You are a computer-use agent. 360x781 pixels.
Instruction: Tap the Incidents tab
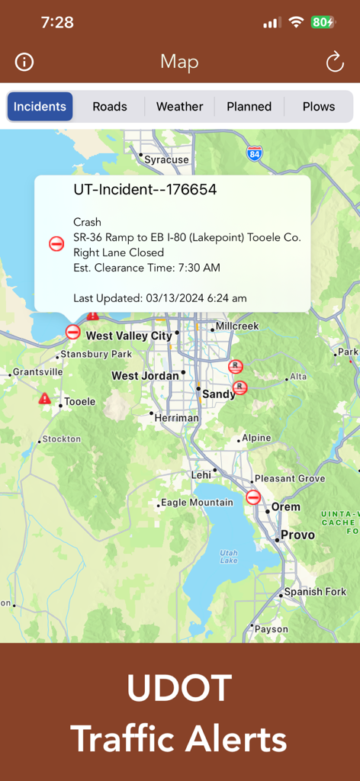(40, 107)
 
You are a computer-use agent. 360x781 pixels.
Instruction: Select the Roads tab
(110, 107)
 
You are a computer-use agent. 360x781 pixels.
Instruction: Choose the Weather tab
(180, 107)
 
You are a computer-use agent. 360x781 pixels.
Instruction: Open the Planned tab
(249, 107)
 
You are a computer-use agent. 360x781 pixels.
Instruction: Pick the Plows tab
(319, 107)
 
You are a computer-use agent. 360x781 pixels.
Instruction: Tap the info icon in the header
(24, 62)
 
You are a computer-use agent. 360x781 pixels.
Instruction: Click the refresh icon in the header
(335, 62)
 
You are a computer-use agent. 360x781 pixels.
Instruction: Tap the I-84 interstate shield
(255, 153)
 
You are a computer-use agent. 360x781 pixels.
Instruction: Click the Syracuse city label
(166, 160)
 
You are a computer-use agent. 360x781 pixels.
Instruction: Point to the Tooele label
(79, 401)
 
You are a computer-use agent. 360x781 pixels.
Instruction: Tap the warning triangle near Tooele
(45, 398)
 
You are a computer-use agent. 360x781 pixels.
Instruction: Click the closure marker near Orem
(253, 497)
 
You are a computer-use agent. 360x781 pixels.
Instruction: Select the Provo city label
(297, 535)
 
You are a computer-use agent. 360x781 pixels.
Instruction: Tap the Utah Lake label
(229, 556)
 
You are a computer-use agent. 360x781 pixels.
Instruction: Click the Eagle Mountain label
(197, 503)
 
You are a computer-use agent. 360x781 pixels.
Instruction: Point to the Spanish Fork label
(315, 592)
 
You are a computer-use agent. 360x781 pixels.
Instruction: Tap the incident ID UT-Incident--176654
(145, 190)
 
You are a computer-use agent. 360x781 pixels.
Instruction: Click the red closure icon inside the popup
(56, 244)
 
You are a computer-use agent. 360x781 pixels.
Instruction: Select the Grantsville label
(38, 372)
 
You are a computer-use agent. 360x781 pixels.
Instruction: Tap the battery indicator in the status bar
(322, 22)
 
